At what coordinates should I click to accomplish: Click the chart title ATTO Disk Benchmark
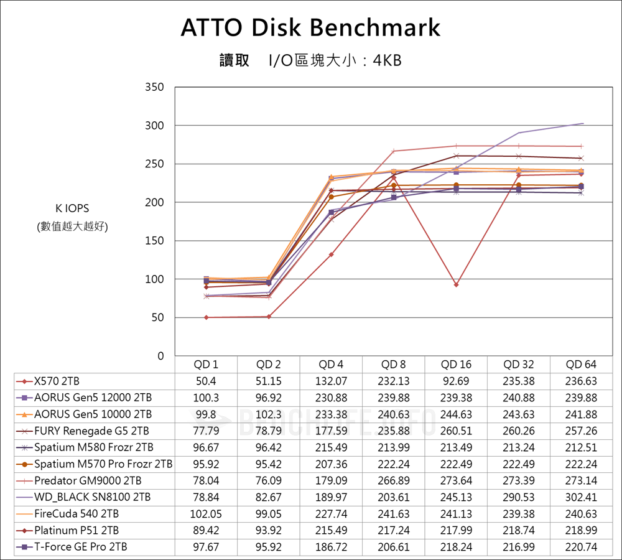pyautogui.click(x=310, y=28)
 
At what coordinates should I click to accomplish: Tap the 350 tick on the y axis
pyautogui.click(x=155, y=87)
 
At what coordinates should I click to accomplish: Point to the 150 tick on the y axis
pyautogui.click(x=155, y=241)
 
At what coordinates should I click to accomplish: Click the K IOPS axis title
pyautogui.click(x=73, y=208)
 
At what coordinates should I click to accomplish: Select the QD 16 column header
pyautogui.click(x=456, y=365)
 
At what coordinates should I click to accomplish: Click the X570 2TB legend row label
pyautogui.click(x=57, y=381)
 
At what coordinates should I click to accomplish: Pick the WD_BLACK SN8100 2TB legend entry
pyautogui.click(x=92, y=497)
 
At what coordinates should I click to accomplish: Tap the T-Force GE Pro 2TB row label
pyautogui.click(x=81, y=547)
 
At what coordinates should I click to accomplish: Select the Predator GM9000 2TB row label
pyautogui.click(x=88, y=481)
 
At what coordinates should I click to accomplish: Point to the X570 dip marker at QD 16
pyautogui.click(x=456, y=284)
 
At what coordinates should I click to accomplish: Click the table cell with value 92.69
pyautogui.click(x=456, y=381)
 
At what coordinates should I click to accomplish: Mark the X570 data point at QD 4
pyautogui.click(x=331, y=254)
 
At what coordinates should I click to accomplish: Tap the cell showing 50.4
pyautogui.click(x=206, y=381)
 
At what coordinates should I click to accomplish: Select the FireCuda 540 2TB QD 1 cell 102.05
pyautogui.click(x=206, y=514)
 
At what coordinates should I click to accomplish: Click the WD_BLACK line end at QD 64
pyautogui.click(x=582, y=123)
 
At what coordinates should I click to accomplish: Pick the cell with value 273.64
pyautogui.click(x=456, y=481)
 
